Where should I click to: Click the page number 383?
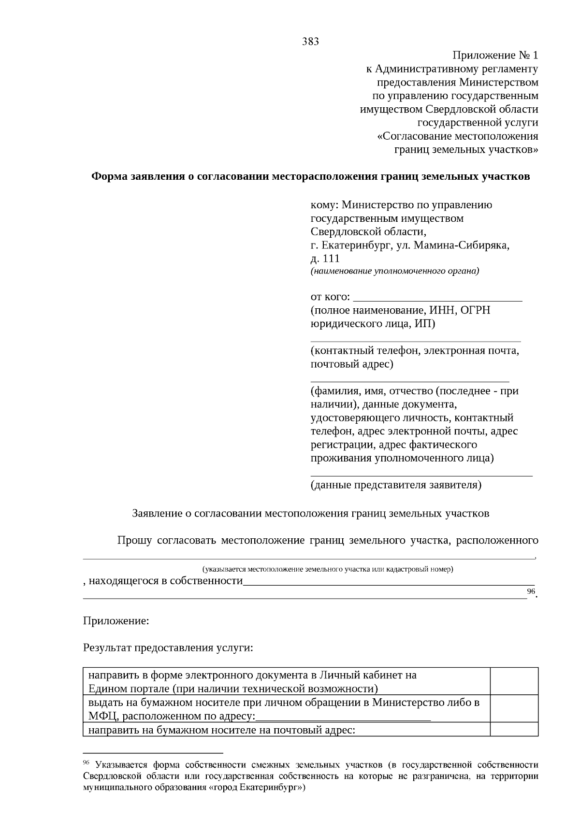pos(310,42)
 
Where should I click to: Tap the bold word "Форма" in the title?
pos(110,176)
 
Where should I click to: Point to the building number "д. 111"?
pos(325,259)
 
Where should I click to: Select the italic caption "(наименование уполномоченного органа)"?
pos(394,271)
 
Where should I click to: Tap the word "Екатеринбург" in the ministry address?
pos(356,245)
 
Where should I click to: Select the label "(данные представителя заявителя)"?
pos(395,485)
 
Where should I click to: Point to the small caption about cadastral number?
pos(328,569)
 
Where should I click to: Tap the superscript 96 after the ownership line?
pos(531,591)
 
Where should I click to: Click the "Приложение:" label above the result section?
pos(116,621)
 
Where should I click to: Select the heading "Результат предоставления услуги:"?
pos(168,648)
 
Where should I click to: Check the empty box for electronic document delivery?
pos(514,681)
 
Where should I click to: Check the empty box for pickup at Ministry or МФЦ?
pos(514,708)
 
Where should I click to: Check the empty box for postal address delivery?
pos(514,729)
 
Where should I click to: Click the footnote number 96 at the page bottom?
pos(87,762)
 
